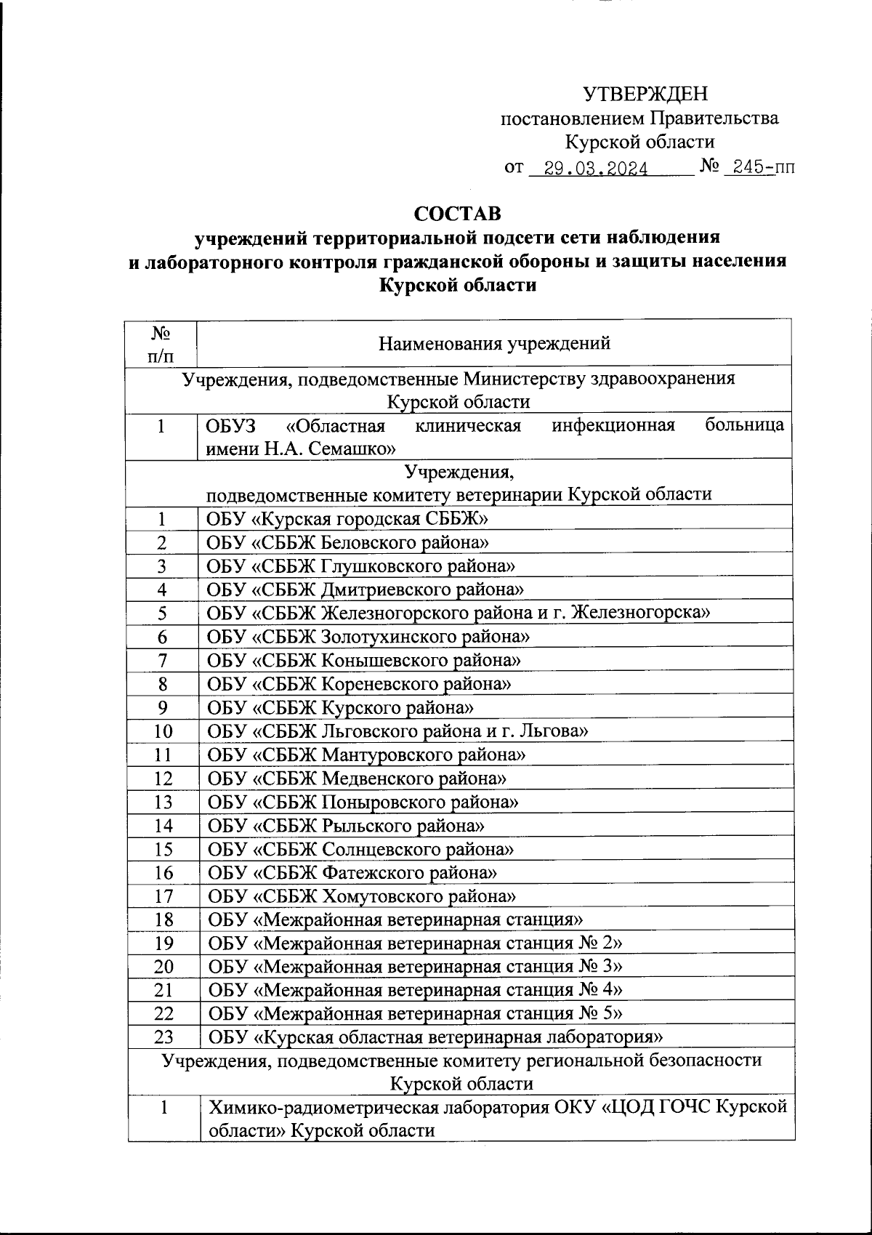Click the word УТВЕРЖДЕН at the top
pos(645,94)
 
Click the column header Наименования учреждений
pos(494,343)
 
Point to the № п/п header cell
pos(161,344)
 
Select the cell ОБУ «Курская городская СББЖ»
pos(347,519)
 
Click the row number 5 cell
pos(162,613)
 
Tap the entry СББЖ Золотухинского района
pos(368,637)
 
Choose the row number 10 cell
pos(162,731)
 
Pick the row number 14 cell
pos(162,826)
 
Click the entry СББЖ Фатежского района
pos(353,872)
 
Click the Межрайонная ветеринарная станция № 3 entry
pos(415,967)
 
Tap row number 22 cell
pos(162,1014)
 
